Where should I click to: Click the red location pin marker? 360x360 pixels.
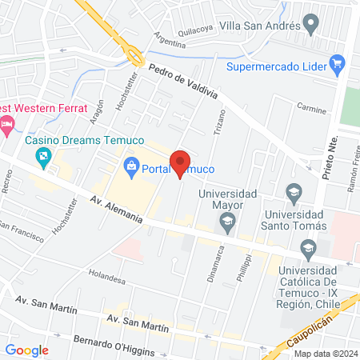180,162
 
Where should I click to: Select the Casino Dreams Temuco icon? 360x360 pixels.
45,158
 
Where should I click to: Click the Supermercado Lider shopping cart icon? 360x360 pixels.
337,62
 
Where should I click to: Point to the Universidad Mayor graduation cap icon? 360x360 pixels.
228,222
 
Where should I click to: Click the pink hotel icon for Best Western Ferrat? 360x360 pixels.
8,123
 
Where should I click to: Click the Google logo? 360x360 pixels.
26,350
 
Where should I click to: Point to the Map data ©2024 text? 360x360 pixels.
323,354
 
